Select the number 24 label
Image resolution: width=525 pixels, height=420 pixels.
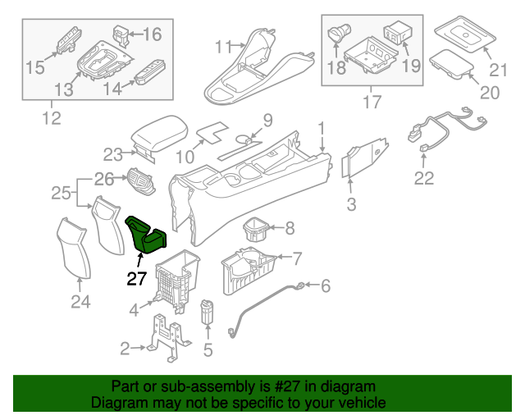point(80,303)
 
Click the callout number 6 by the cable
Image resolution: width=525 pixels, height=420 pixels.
point(325,286)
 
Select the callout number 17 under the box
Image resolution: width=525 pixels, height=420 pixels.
point(372,103)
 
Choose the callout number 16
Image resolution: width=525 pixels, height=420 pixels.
point(153,34)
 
